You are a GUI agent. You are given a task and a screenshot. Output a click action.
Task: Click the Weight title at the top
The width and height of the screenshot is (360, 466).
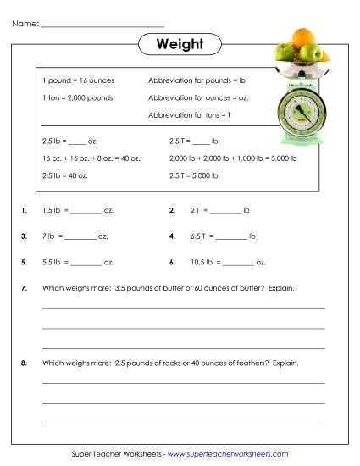(179, 43)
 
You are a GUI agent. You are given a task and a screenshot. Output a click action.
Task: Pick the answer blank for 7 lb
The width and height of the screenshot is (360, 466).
(80, 237)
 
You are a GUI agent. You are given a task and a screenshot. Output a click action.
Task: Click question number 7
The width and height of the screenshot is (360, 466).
(24, 289)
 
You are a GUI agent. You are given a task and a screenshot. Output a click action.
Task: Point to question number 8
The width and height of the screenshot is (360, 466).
(24, 363)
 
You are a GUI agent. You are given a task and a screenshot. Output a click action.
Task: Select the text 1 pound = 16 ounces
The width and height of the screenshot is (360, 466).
(77, 80)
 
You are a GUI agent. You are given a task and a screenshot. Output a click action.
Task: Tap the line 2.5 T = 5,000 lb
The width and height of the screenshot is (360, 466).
(194, 175)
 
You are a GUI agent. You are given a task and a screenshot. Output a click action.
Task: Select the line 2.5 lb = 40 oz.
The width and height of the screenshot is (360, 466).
(65, 175)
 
